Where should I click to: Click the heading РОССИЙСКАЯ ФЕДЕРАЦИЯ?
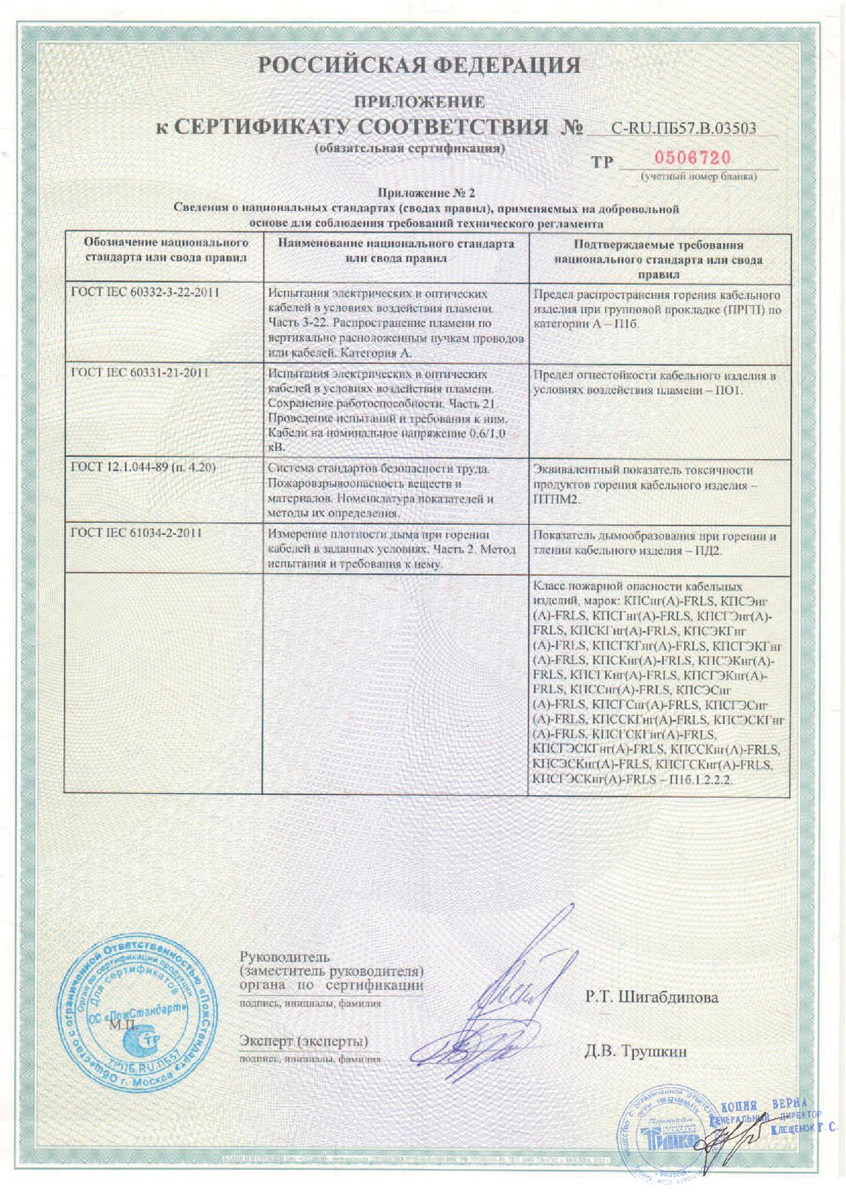coord(420,66)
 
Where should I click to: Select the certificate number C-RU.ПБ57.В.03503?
coord(683,128)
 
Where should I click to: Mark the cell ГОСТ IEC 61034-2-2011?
coord(136,533)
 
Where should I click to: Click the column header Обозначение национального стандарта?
coord(165,250)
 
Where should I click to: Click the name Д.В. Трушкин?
coord(635,1051)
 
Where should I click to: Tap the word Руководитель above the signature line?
coord(285,957)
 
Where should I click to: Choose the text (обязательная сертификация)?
coord(409,149)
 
